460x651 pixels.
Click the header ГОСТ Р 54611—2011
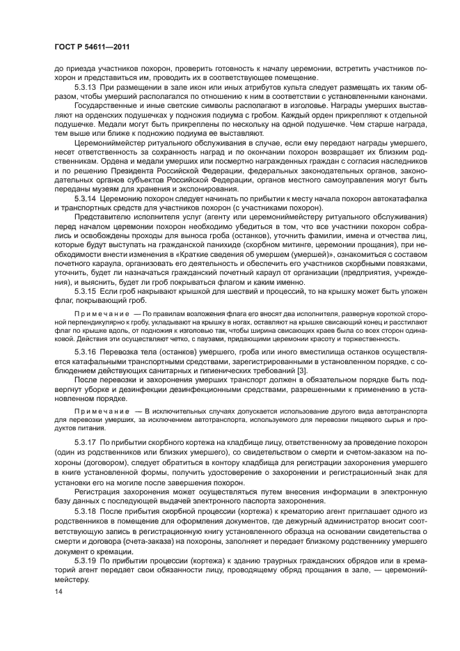coord(92,47)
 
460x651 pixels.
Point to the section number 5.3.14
coord(86,199)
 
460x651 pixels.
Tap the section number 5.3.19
coord(86,560)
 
